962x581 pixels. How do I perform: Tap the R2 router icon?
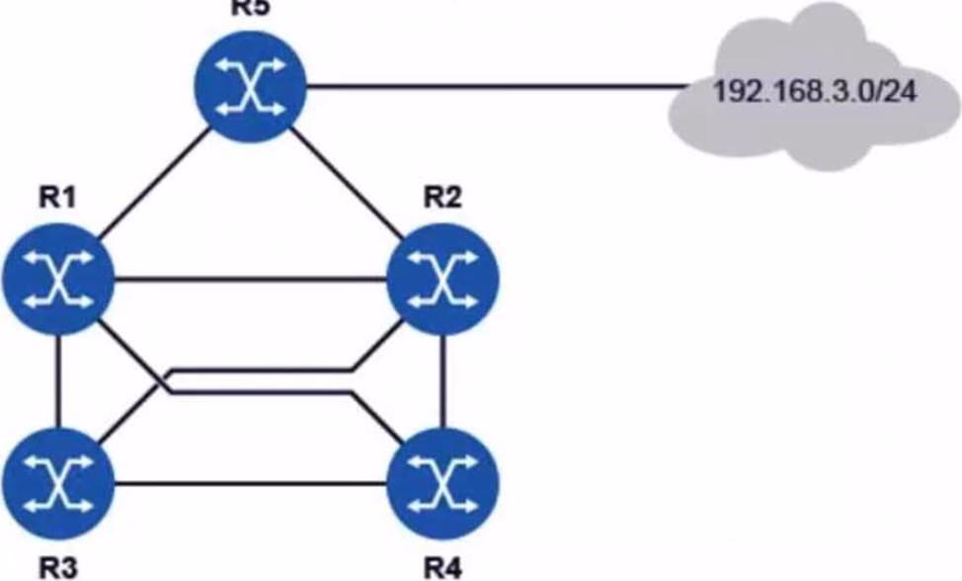[x=441, y=280]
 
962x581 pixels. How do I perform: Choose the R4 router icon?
[x=441, y=483]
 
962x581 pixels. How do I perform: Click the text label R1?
[x=57, y=198]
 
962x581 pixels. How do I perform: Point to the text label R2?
[x=442, y=198]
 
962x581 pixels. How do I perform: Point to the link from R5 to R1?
[x=154, y=185]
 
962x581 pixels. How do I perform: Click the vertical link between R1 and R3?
[x=59, y=381]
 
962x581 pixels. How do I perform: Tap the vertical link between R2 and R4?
[x=442, y=381]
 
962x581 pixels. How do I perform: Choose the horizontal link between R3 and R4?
[x=250, y=484]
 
